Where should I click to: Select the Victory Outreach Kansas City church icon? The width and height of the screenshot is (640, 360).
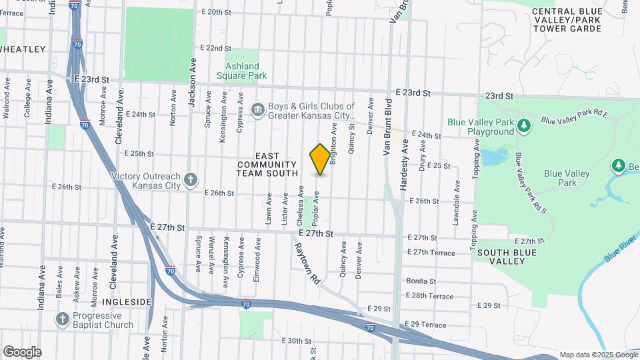pyautogui.click(x=191, y=179)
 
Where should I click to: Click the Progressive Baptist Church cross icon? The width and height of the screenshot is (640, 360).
pyautogui.click(x=63, y=318)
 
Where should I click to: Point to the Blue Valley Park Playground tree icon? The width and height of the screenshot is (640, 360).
pyautogui.click(x=524, y=125)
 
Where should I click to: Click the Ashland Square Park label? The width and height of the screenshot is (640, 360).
pyautogui.click(x=241, y=71)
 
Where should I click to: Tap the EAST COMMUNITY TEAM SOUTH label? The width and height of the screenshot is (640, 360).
pyautogui.click(x=266, y=164)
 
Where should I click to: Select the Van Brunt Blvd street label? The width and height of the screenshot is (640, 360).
pyautogui.click(x=387, y=127)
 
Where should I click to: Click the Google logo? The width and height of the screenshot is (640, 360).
pyautogui.click(x=22, y=351)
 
